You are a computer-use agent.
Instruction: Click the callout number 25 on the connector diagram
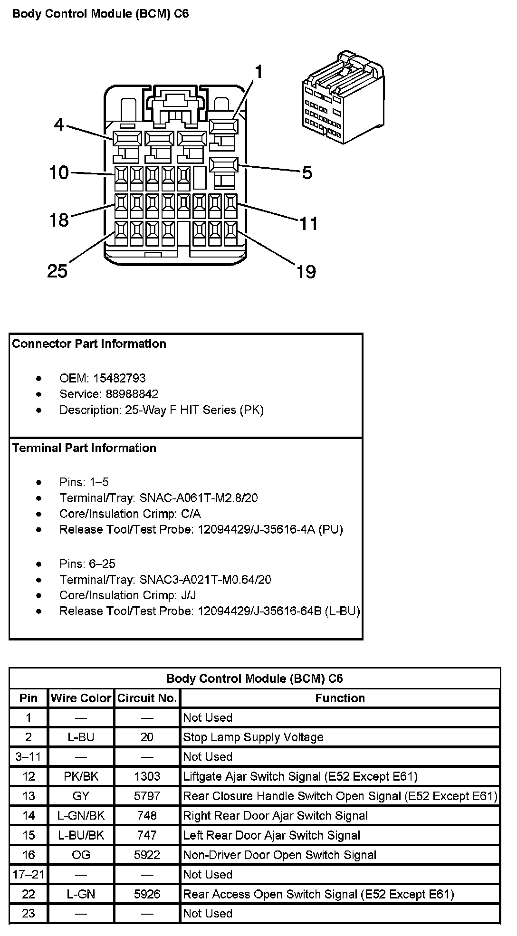57,271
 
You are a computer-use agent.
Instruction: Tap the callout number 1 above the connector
258,72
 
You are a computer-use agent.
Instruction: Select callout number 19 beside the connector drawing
306,272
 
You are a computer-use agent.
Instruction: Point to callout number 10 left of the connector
59,172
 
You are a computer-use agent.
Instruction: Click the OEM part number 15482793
119,378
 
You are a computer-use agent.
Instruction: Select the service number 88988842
126,394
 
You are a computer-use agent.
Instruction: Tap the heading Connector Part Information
89,344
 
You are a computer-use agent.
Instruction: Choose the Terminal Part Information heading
84,448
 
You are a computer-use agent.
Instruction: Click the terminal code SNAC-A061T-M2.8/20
199,498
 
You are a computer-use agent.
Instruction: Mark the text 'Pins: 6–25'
87,564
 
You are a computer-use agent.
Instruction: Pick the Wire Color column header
81,698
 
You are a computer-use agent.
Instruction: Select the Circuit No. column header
147,698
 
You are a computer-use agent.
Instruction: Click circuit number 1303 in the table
147,776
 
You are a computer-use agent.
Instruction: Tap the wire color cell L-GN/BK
81,816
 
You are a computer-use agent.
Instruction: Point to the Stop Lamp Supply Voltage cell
253,737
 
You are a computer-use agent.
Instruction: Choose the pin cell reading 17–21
29,874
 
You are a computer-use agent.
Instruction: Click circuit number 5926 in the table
147,894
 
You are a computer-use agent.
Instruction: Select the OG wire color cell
81,855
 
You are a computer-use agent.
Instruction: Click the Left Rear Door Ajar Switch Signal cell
271,835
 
